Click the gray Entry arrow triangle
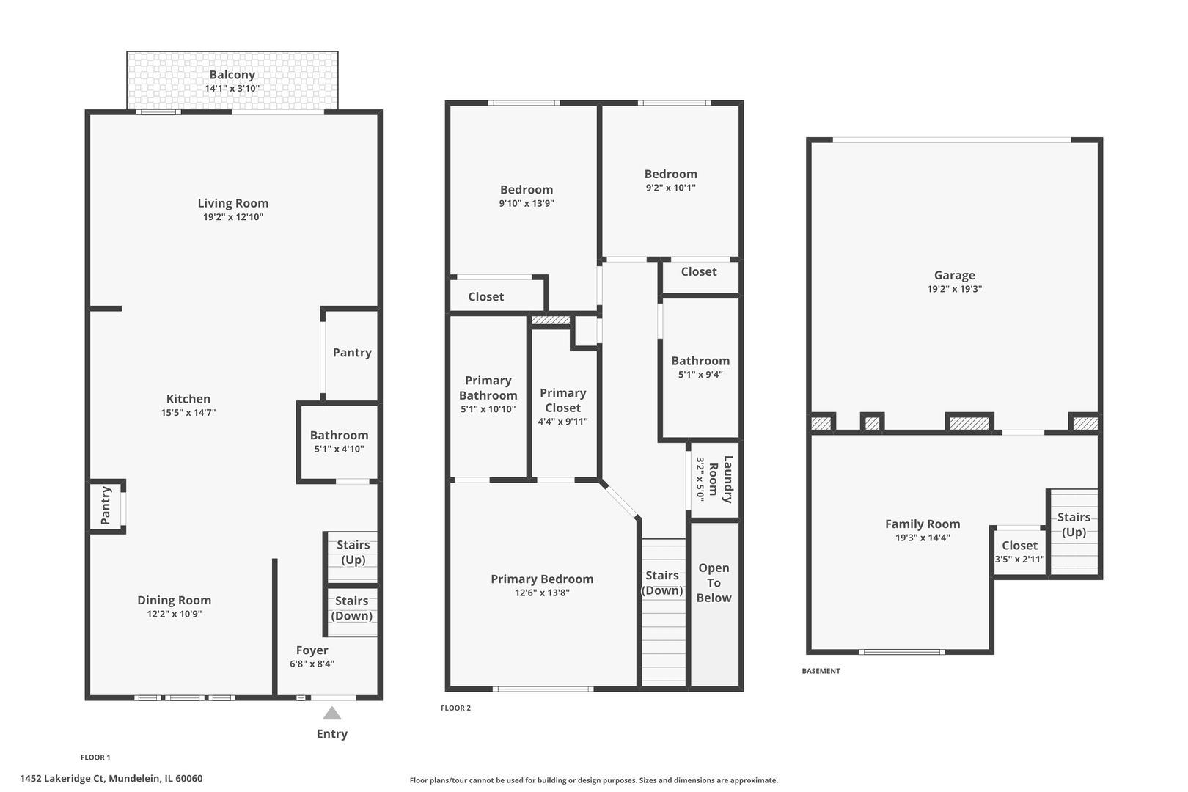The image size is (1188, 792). pos(332,713)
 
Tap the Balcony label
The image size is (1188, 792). pos(232,75)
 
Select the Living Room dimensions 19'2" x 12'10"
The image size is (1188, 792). pos(232,216)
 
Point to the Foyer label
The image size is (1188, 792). pos(312,650)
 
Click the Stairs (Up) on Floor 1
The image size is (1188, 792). pos(351,557)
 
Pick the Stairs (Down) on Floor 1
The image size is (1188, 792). pos(351,612)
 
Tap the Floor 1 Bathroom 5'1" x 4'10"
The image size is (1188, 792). pos(338,442)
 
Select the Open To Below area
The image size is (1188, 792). pos(714,604)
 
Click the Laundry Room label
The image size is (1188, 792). pos(721,479)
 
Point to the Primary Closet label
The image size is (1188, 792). pos(562,400)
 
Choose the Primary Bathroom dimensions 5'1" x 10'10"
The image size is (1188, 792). pos(488,409)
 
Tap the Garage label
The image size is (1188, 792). pos(954,275)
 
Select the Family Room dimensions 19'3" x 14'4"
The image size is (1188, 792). pos(923,538)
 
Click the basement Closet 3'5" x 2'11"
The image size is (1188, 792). pos(1019,551)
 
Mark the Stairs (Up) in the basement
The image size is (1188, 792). pos(1074,532)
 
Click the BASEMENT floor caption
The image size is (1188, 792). pos(821,671)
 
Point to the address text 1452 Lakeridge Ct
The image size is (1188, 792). pos(62,778)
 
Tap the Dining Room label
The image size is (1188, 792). pos(174,600)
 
